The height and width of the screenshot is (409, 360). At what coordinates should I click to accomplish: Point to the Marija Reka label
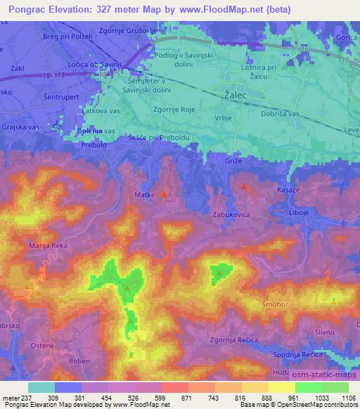48,246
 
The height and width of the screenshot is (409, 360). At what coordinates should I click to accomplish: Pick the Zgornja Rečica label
234,340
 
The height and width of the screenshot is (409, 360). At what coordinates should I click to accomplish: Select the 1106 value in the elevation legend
347,398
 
